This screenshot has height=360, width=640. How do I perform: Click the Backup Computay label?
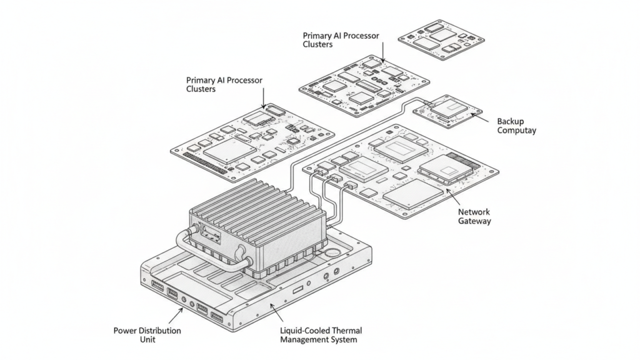pyautogui.click(x=516, y=126)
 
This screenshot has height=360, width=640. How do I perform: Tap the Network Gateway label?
pyautogui.click(x=474, y=216)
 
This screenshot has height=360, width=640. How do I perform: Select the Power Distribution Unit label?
pyautogui.click(x=147, y=334)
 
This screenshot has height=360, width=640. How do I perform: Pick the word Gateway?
pyautogui.click(x=474, y=221)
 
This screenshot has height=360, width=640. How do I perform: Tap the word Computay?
pyautogui.click(x=516, y=131)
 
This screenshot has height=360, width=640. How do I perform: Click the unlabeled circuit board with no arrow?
pyautogui.click(x=441, y=38)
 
